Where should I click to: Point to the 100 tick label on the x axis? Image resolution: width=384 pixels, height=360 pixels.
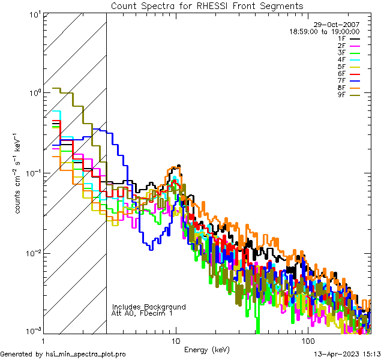coord(307,340)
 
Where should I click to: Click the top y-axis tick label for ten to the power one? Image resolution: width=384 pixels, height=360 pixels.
coord(34,14)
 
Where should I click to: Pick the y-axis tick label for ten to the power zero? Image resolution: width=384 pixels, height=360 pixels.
coord(34,94)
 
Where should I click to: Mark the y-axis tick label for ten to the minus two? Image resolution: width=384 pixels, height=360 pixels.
coord(33,253)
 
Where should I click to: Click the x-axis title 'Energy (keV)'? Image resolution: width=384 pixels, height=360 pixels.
coord(207,349)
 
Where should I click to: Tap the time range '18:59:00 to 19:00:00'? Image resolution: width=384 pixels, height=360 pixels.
coord(325,31)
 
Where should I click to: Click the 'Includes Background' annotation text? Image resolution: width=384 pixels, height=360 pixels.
coord(149,307)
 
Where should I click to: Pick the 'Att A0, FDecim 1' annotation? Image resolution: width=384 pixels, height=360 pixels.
coord(142,313)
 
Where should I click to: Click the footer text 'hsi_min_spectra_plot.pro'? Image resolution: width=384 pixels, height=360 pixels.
coord(85,354)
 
